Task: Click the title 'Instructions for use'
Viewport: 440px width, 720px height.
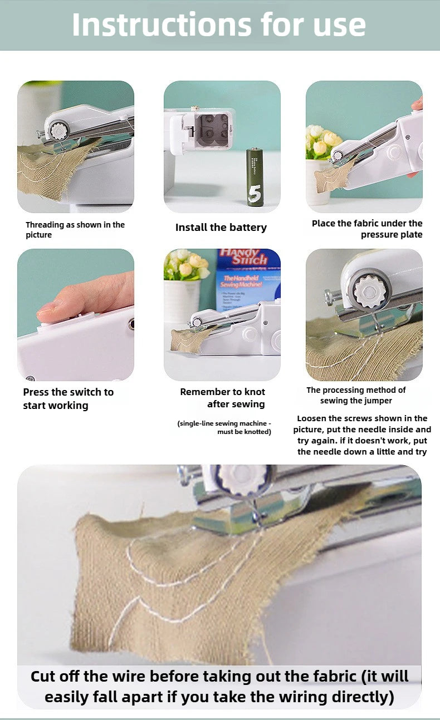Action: point(219,24)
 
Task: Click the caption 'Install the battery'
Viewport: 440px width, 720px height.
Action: point(221,228)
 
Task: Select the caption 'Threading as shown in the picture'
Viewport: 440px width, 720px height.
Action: point(75,230)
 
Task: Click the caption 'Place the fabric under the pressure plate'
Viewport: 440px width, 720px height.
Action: point(367,229)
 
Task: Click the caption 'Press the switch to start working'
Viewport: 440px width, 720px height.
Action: point(68,398)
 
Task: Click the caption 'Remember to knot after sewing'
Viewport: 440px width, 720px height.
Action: point(223,398)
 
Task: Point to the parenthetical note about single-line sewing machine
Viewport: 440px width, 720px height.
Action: point(224,427)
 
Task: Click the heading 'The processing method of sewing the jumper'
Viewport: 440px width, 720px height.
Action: point(356,395)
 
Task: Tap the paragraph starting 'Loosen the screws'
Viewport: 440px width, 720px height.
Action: point(362,435)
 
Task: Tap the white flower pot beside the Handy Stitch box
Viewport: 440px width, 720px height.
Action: point(181,300)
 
